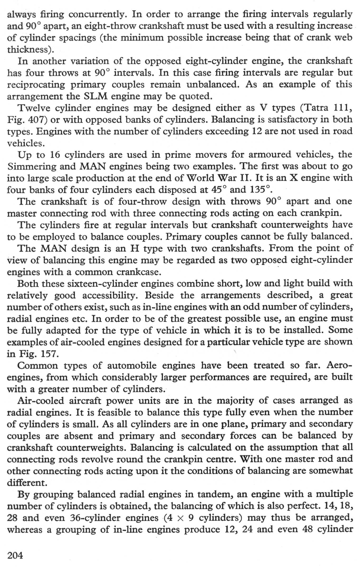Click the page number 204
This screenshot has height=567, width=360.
point(15,555)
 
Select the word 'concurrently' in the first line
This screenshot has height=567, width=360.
point(96,15)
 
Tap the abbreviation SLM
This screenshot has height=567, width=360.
point(95,96)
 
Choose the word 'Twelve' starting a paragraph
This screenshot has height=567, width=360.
point(34,108)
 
